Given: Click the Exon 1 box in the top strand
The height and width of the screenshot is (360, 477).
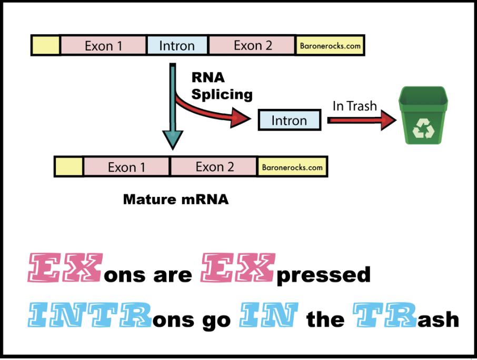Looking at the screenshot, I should (x=103, y=46).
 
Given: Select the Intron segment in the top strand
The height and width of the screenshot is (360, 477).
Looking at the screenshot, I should (x=177, y=46).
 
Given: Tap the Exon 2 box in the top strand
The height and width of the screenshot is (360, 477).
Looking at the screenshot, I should (x=252, y=46).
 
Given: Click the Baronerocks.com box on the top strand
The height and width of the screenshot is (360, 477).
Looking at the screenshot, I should (x=330, y=46).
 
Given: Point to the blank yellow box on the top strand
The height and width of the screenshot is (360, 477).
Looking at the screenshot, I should (x=46, y=46).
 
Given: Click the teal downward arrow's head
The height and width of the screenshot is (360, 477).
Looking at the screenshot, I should (x=172, y=139).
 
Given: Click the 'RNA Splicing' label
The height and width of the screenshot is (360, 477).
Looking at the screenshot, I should (x=221, y=86).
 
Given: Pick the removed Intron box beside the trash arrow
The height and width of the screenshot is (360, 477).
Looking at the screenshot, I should (x=289, y=121).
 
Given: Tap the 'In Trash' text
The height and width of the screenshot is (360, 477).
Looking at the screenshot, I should (x=354, y=106).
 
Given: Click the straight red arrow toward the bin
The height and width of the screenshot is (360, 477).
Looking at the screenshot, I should (x=361, y=120).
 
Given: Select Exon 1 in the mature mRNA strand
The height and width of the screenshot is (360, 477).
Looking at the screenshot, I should (x=126, y=167).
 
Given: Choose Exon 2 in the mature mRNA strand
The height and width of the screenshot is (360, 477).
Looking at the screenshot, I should (x=214, y=167).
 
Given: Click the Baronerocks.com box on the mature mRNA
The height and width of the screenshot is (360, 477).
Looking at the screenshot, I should (x=292, y=167).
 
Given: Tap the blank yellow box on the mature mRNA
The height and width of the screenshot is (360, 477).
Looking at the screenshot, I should (x=69, y=167).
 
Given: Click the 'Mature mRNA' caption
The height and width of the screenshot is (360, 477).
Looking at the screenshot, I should (x=176, y=200).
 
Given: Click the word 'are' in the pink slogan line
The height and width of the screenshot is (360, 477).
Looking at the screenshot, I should (x=173, y=275).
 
